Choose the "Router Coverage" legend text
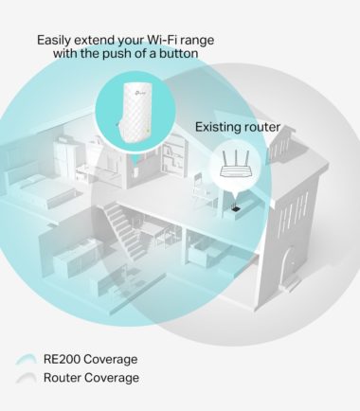91,378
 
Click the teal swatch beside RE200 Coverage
26,360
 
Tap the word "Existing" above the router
217,126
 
